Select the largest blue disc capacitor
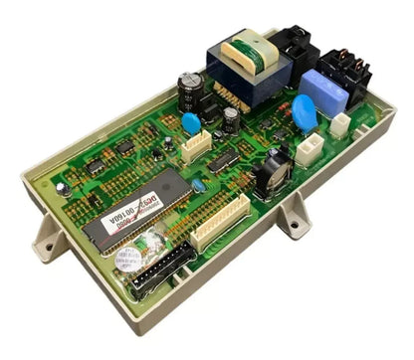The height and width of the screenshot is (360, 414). coord(305,115)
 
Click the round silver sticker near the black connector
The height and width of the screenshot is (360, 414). coord(126,261)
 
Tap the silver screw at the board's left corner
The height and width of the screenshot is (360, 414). coord(63,188)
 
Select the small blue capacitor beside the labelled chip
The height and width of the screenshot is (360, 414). coord(200,185)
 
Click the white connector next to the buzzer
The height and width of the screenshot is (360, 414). coord(307,150)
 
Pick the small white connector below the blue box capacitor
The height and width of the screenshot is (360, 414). coord(341,124)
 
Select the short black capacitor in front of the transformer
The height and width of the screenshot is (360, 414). coord(230,119)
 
